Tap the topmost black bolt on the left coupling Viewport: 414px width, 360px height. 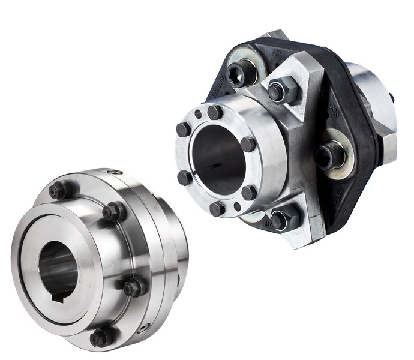(x=58, y=191)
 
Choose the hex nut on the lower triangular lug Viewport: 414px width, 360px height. (x=281, y=218)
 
